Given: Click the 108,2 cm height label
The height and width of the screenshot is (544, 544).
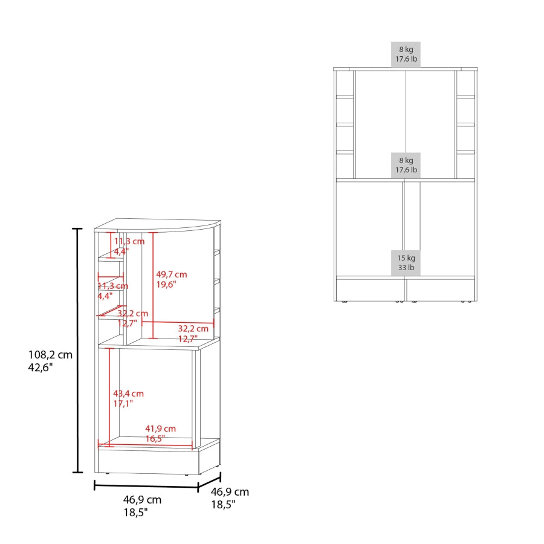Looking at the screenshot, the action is click(50, 355).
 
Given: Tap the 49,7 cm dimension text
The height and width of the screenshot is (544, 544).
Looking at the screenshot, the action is click(172, 274).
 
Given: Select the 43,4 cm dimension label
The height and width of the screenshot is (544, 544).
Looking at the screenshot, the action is click(128, 393).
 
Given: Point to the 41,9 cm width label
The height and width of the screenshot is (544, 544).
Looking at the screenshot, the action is click(160, 429).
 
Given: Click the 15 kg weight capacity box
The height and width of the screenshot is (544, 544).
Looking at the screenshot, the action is click(406, 263).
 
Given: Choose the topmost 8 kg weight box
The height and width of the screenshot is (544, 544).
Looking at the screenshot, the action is click(406, 54).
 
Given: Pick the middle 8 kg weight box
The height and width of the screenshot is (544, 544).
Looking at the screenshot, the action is click(406, 165).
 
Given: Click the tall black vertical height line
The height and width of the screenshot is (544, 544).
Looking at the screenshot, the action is click(77, 351).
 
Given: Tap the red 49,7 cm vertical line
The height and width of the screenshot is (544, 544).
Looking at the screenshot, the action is click(153, 285).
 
